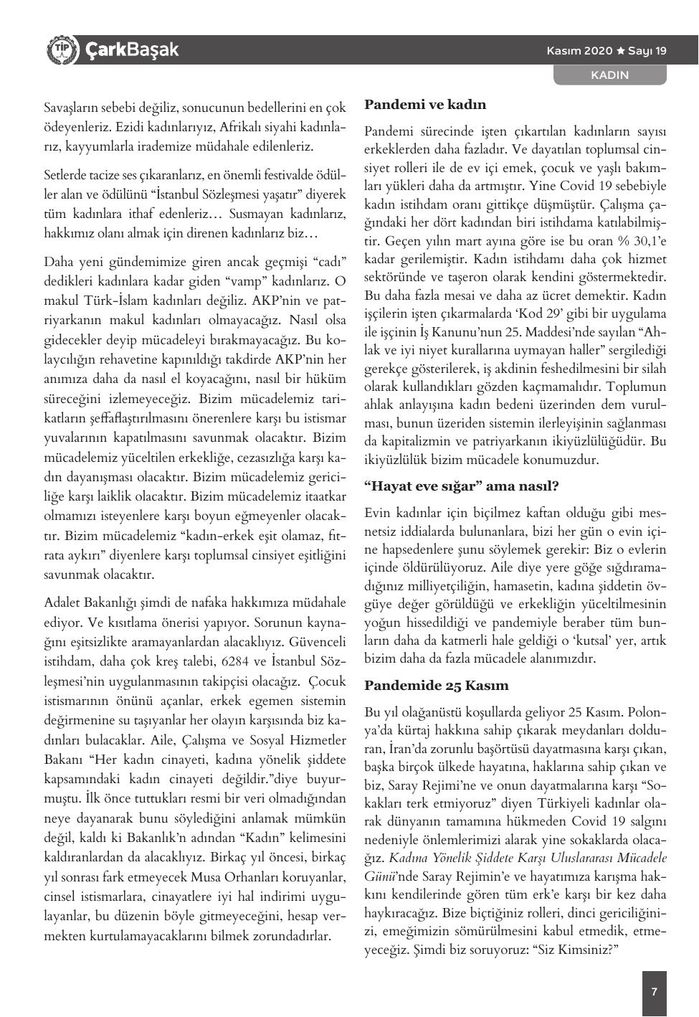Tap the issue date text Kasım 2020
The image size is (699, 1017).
pyautogui.click(x=579, y=51)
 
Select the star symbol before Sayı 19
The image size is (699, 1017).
pyautogui.click(x=621, y=51)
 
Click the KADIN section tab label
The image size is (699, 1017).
pyautogui.click(x=609, y=75)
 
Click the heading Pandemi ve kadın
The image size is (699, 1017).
pyautogui.click(x=425, y=105)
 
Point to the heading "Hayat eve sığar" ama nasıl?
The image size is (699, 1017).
pyautogui.click(x=461, y=486)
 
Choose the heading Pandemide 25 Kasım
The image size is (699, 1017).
pyautogui.click(x=436, y=686)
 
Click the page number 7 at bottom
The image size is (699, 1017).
pyautogui.click(x=654, y=992)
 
